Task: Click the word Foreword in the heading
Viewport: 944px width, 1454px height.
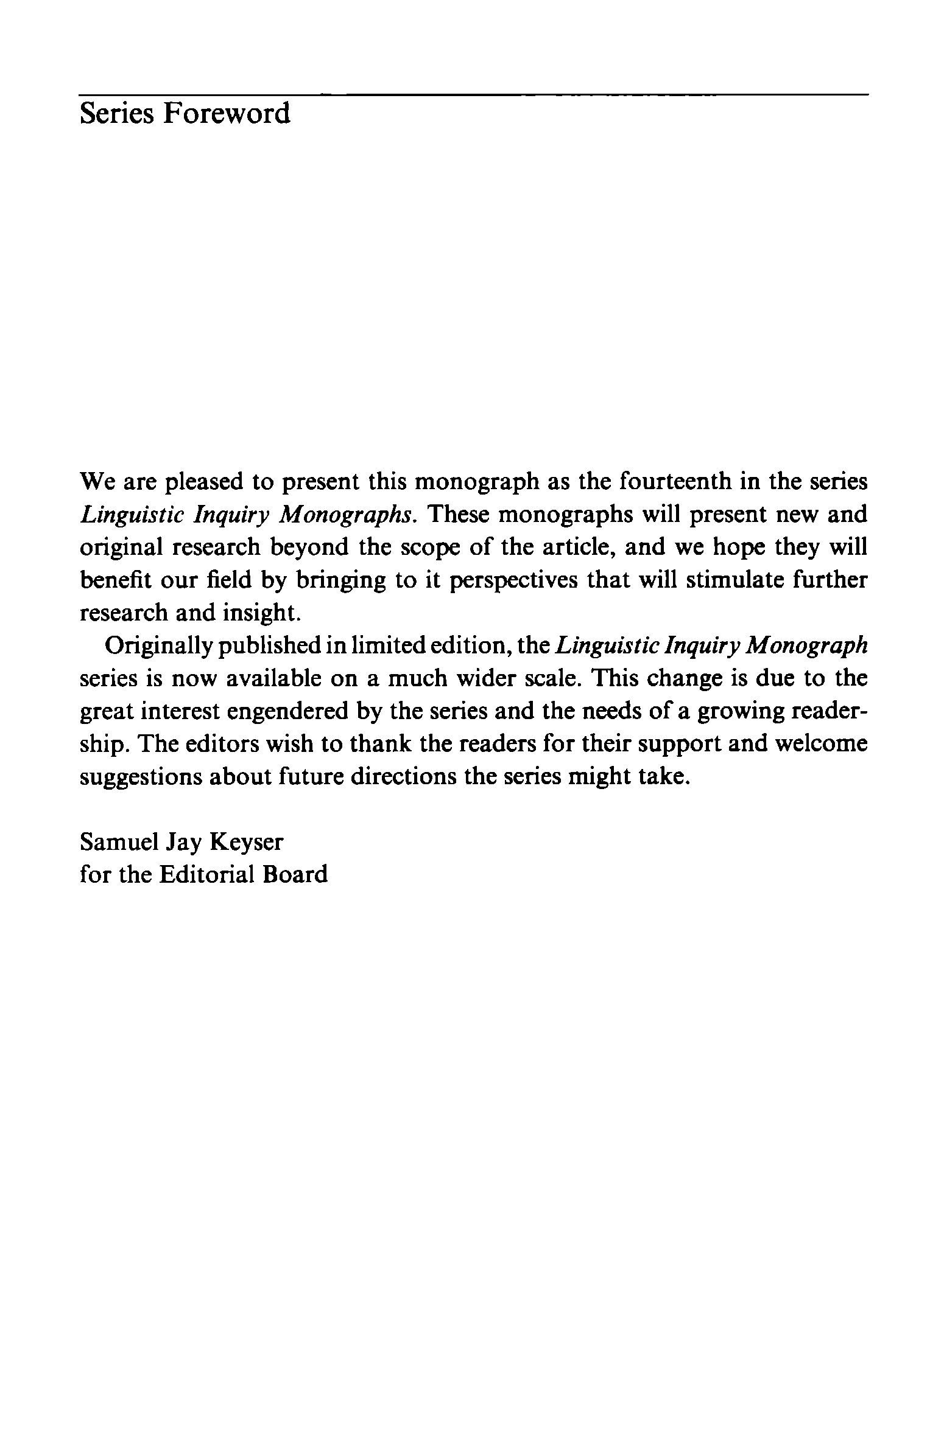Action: point(226,114)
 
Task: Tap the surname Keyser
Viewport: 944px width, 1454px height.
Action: point(247,842)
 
